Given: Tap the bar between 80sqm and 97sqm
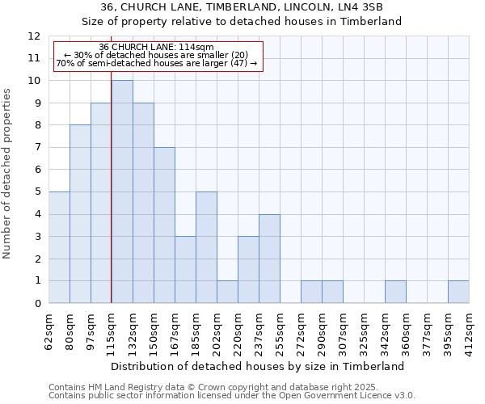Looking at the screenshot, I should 80,214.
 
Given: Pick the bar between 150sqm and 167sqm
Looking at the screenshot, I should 164,225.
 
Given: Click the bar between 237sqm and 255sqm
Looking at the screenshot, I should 269,259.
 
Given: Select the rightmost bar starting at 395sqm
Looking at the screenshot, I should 458,292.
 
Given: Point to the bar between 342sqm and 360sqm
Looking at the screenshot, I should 395,292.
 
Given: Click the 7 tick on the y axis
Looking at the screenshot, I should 37,148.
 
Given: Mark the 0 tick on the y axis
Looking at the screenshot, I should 37,303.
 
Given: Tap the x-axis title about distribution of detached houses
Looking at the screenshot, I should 259,366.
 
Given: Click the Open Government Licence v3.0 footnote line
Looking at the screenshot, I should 232,395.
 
